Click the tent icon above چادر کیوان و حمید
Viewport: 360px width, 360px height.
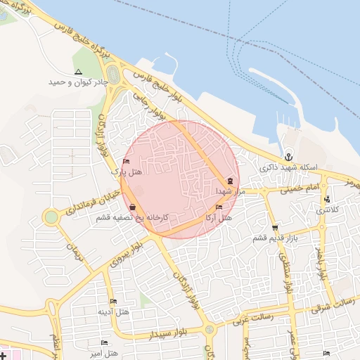pyautogui.click(x=78, y=72)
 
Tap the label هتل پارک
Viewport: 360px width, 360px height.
pyautogui.click(x=127, y=171)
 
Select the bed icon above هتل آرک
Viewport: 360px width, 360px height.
pyautogui.click(x=219, y=207)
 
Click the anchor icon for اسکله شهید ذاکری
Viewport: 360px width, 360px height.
pyautogui.click(x=288, y=157)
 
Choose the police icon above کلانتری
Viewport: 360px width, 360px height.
pyautogui.click(x=326, y=199)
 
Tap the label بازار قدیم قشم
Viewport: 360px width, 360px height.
pyautogui.click(x=269, y=238)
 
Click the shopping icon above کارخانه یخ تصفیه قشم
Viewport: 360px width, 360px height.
pyautogui.click(x=134, y=207)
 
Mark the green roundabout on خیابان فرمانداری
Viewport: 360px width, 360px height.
pyautogui.click(x=51, y=217)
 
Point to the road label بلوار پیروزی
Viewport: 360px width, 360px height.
pyautogui.click(x=127, y=254)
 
